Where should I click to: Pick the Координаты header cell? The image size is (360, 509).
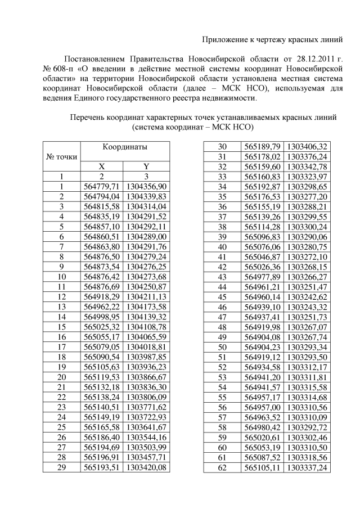125,147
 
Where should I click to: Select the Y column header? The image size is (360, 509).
146,166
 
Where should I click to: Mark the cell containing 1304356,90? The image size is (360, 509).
146,186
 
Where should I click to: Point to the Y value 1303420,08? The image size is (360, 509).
146,467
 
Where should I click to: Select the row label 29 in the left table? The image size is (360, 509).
62,467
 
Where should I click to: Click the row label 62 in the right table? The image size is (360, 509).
222,467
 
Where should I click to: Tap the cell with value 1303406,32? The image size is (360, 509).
307,146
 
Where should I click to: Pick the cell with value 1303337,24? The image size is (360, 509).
307,467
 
